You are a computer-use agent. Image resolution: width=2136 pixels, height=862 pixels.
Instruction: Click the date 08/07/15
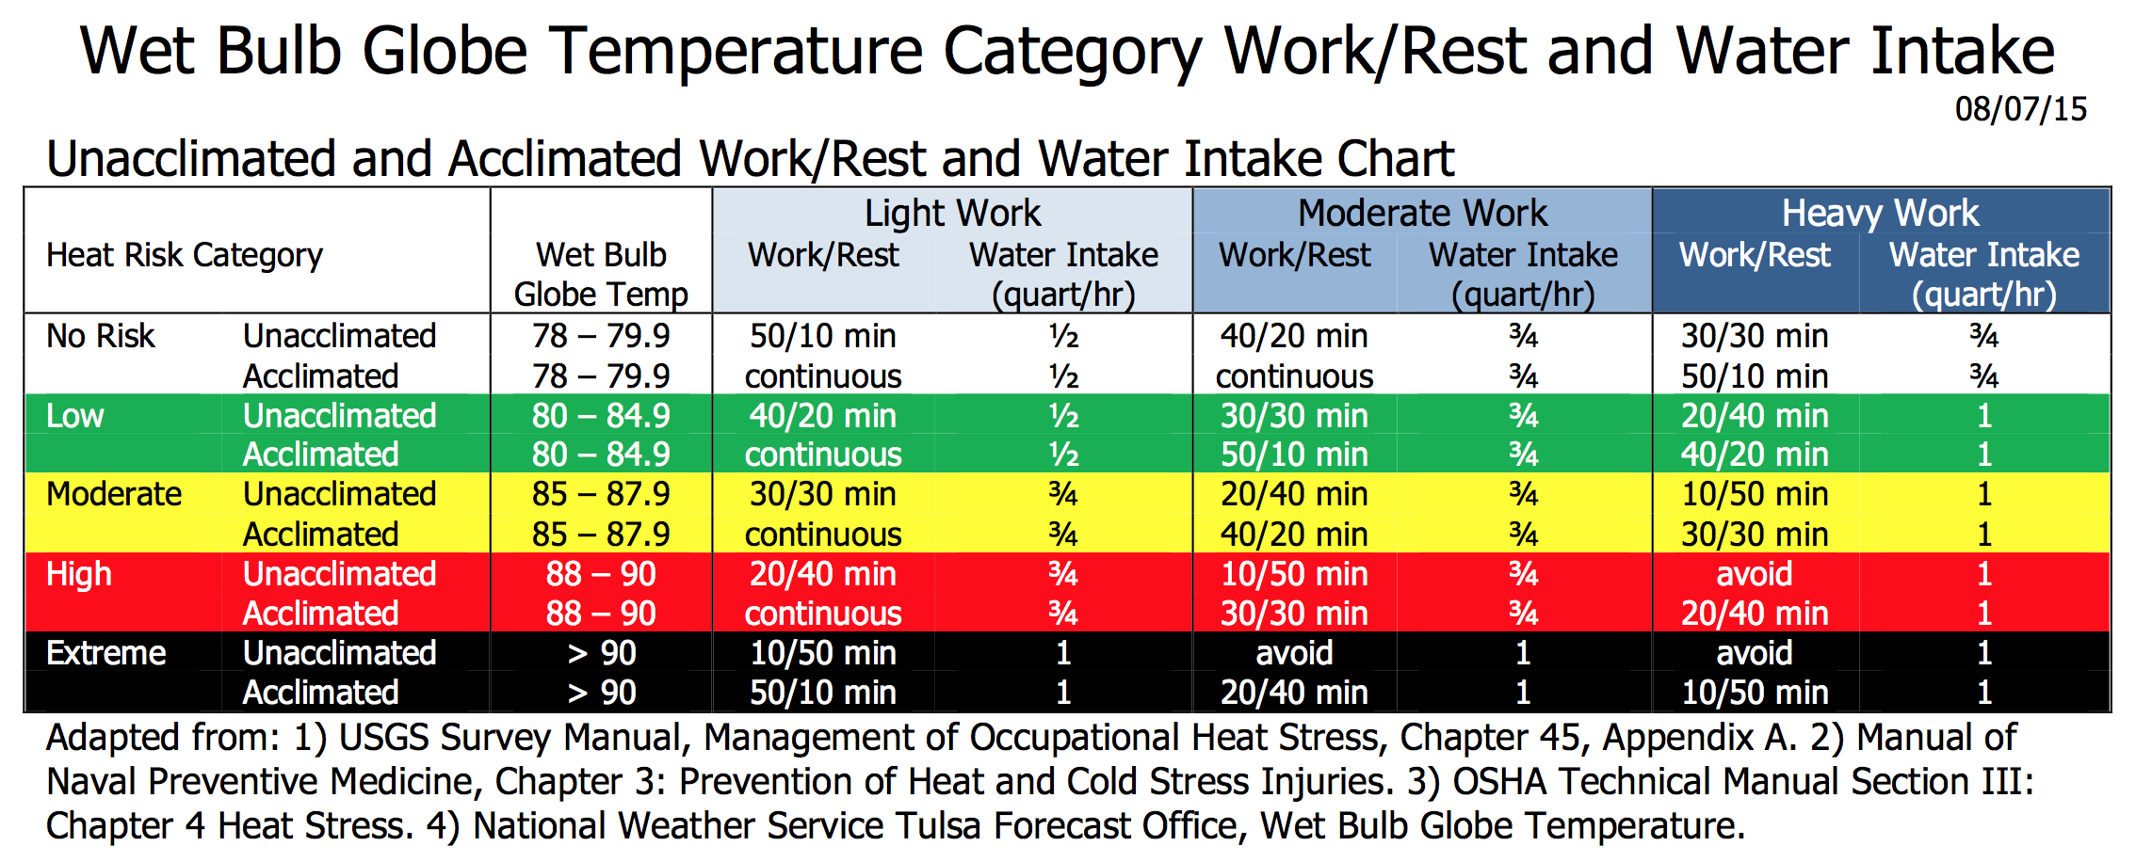[x=2020, y=110]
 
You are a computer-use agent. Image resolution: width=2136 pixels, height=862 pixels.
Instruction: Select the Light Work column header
[x=952, y=214]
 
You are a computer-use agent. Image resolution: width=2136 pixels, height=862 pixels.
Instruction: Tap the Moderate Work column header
[x=1422, y=214]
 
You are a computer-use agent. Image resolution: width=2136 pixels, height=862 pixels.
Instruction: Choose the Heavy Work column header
[x=1880, y=214]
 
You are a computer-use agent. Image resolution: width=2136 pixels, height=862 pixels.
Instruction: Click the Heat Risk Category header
[x=185, y=255]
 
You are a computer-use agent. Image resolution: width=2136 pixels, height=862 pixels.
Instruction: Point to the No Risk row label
[x=101, y=336]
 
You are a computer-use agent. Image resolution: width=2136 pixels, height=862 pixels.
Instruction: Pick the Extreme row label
[x=106, y=653]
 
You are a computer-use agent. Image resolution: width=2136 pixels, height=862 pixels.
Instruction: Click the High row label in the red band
[x=79, y=574]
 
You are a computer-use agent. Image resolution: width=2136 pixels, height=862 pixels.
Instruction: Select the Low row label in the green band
[x=75, y=416]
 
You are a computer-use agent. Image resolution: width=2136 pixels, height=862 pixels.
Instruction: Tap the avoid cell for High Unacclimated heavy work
[x=1754, y=574]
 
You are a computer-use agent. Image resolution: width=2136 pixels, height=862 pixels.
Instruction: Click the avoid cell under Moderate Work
[x=1294, y=653]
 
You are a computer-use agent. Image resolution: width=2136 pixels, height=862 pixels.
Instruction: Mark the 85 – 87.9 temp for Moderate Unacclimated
[x=601, y=494]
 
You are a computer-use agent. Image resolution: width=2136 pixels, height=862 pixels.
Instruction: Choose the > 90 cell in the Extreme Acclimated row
[x=601, y=693]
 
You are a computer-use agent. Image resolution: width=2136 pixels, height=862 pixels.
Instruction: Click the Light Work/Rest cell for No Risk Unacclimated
[x=822, y=336]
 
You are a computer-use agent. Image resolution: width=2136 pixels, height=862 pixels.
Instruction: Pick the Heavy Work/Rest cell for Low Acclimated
[x=1755, y=455]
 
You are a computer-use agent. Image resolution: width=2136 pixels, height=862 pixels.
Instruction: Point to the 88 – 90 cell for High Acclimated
[x=601, y=614]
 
